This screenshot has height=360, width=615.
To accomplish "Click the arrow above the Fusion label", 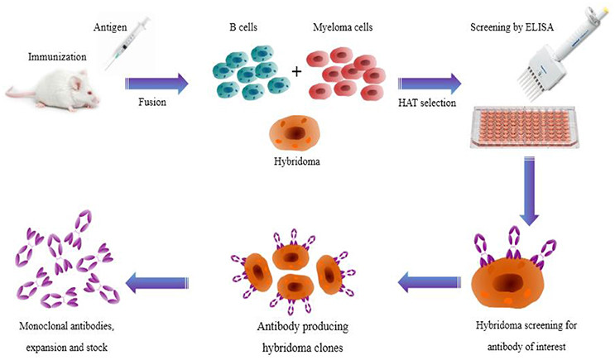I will coord(156,83).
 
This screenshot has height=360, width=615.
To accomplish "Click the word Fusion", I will coord(155,106).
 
